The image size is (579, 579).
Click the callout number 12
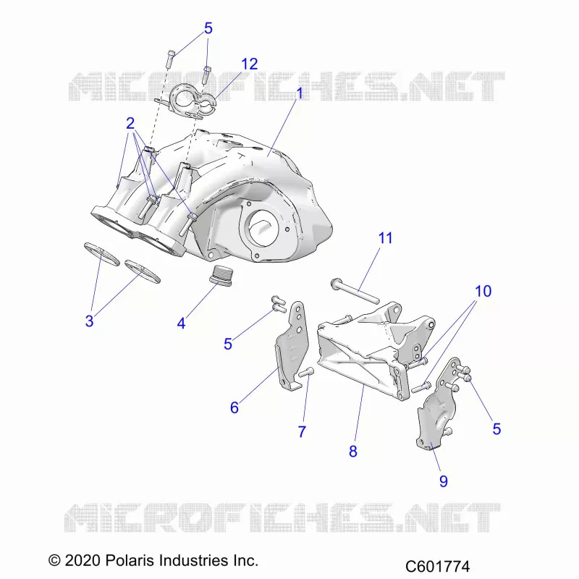coord(249,64)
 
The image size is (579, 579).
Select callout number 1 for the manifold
coord(300,93)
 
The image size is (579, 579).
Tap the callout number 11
coord(386,238)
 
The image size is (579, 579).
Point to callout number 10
coord(483,292)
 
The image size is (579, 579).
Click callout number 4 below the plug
coord(181,324)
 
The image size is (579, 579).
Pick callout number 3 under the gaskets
coord(89,321)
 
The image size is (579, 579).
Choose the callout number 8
coord(353,451)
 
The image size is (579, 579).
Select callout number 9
coord(444,481)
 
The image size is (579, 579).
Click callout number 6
coord(234,407)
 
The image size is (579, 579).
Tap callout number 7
coord(302,431)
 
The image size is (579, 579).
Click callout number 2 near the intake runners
coord(130,123)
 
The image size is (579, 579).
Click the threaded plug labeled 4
coord(221,276)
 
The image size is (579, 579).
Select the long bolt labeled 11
coord(355,291)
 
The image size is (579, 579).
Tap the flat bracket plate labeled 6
coord(290,346)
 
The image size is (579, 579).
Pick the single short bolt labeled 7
coord(306,372)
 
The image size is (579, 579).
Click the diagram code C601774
coord(438,566)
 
